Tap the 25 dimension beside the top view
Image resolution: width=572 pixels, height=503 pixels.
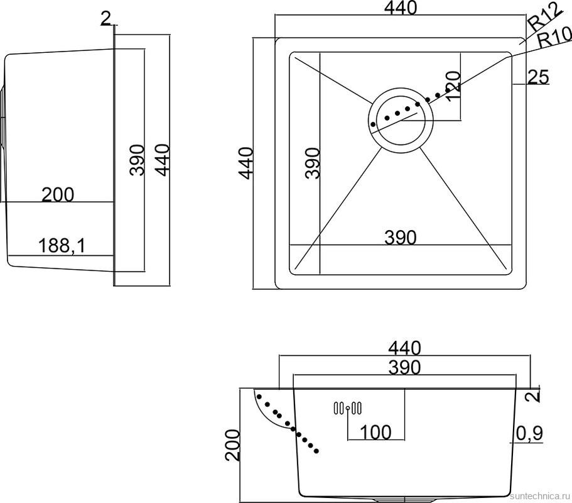[538, 77]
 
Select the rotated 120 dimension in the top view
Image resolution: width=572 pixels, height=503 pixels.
[453, 87]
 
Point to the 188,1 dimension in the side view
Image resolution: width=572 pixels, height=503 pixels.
[62, 245]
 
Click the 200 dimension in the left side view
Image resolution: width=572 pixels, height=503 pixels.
[58, 194]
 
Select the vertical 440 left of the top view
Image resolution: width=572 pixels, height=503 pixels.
[245, 163]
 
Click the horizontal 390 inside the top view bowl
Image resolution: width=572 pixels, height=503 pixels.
[400, 238]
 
